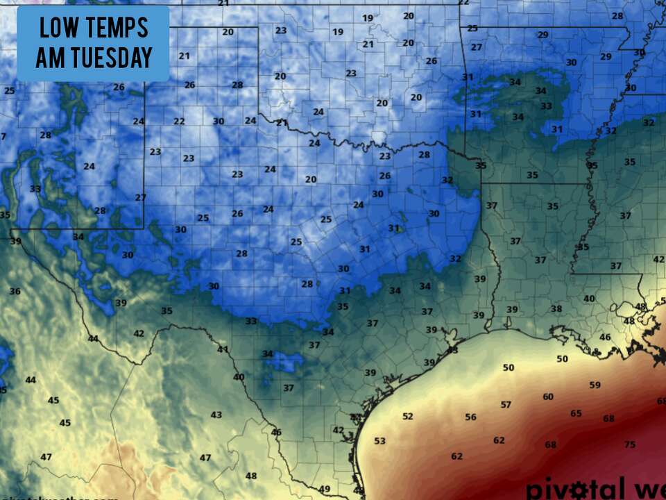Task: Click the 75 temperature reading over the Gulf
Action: click(629, 444)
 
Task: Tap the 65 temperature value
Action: click(576, 414)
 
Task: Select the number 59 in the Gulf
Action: click(595, 385)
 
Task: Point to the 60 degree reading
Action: click(548, 397)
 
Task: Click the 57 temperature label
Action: click(506, 405)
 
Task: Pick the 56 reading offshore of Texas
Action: click(471, 417)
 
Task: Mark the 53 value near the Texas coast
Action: click(379, 441)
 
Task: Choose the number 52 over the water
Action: click(407, 417)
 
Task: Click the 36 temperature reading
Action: click(15, 291)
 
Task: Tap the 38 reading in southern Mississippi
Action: click(556, 308)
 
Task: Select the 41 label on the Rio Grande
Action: click(223, 349)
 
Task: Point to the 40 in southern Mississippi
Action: click(589, 299)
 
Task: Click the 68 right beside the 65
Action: click(608, 419)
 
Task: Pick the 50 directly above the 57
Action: click(509, 367)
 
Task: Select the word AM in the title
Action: click(50, 58)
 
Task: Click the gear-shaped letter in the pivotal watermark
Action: click(573, 488)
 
